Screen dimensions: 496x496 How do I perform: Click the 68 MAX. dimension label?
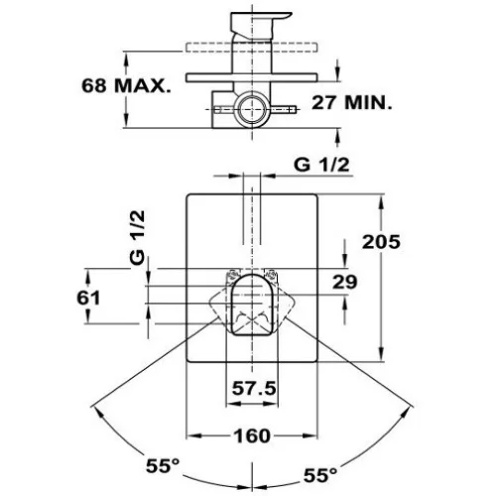(x=126, y=85)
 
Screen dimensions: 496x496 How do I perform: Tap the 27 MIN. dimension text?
(x=352, y=103)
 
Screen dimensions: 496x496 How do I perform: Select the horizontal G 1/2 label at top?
(x=321, y=165)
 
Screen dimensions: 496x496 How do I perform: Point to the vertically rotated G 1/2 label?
(x=137, y=237)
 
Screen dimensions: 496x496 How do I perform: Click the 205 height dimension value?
(x=381, y=241)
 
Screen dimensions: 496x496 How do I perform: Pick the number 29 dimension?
(x=345, y=282)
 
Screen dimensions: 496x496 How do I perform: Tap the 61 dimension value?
(x=88, y=298)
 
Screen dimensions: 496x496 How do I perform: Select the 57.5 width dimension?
(x=254, y=388)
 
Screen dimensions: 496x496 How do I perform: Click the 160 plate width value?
(x=252, y=435)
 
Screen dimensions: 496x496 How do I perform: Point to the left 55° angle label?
(x=163, y=466)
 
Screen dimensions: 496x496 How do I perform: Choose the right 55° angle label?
(x=320, y=475)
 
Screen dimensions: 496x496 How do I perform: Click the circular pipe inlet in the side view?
(x=252, y=109)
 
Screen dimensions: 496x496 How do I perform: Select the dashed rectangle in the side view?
(x=252, y=47)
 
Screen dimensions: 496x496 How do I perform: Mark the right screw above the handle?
(x=272, y=274)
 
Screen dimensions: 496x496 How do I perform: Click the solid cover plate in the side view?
(x=252, y=77)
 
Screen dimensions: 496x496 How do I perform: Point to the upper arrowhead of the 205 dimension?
(x=381, y=201)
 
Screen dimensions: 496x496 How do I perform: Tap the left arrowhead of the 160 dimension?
(x=193, y=435)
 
